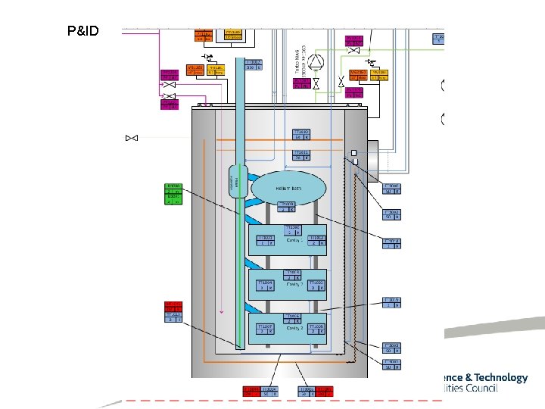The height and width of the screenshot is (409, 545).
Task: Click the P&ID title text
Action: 83,32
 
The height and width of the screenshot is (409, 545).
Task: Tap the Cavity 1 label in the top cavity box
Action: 294,241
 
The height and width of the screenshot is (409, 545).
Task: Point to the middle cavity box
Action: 288,284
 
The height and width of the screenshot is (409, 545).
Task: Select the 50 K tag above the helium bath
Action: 302,134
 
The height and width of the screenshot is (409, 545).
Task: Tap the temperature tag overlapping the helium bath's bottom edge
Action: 286,206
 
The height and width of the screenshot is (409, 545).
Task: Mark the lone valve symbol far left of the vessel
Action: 132,138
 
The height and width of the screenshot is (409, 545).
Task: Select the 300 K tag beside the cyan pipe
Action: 254,64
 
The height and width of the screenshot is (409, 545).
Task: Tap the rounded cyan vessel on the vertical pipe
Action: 239,182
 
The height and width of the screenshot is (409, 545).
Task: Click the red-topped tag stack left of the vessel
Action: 173,311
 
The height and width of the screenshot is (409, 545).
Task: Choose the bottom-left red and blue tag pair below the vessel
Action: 260,391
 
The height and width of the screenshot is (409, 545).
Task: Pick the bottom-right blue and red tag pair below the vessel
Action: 316,391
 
